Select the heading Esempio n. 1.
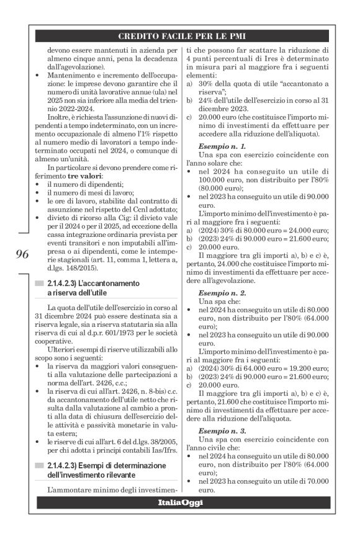point(217,145)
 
